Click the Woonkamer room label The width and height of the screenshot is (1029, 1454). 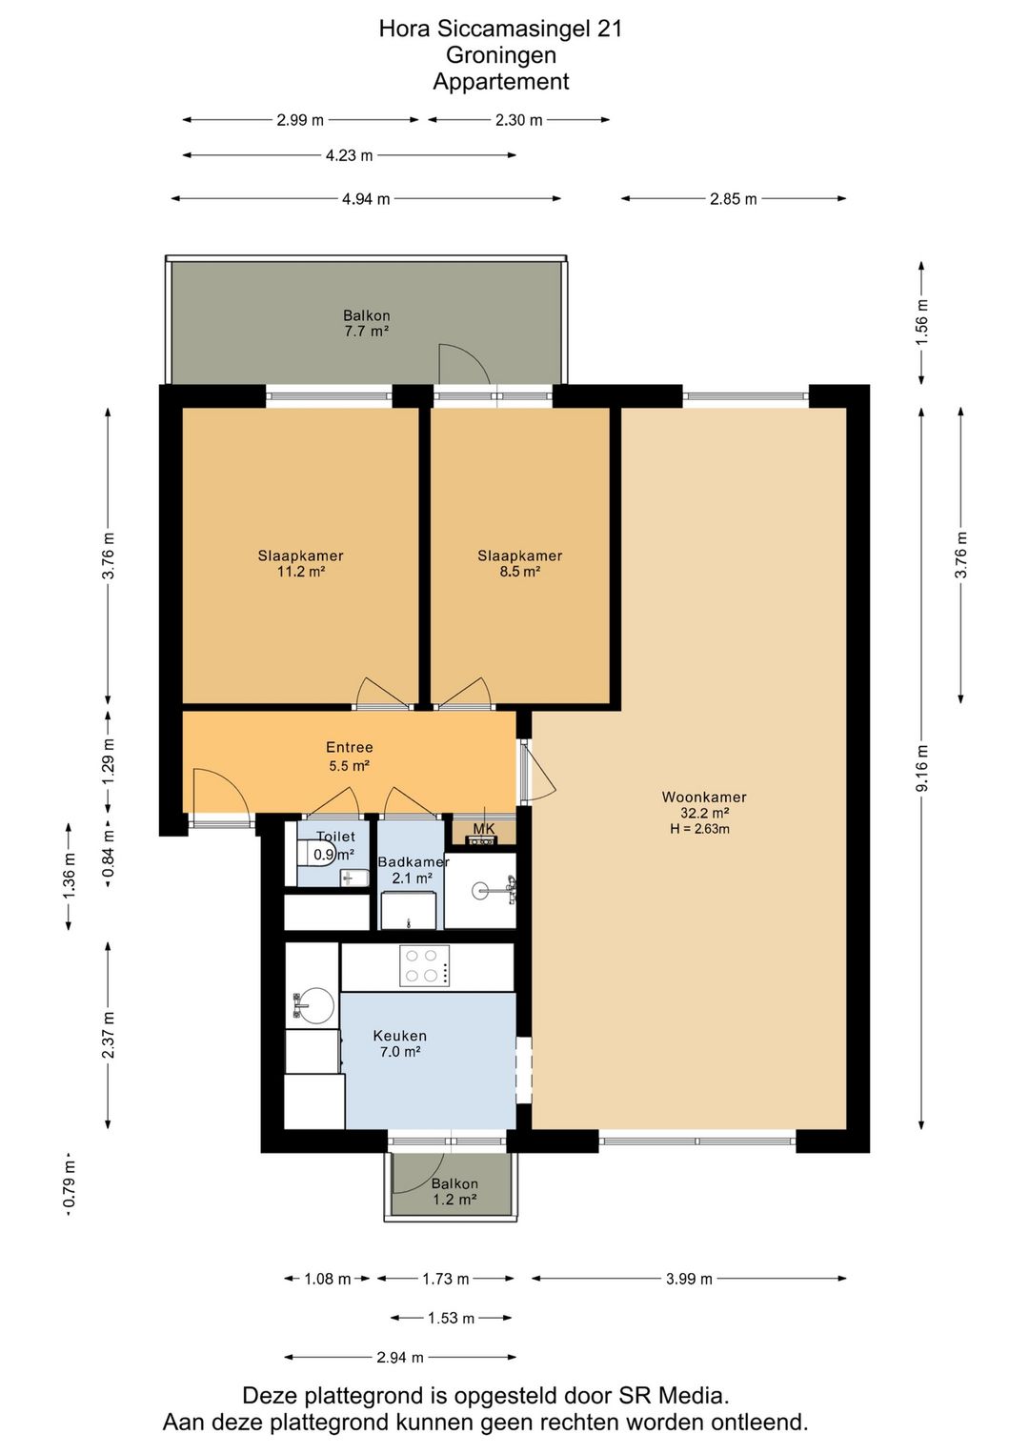[704, 797]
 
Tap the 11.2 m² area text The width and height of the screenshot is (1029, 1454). [300, 572]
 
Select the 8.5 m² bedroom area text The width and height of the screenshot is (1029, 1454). [519, 572]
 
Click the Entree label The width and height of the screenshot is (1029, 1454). [350, 747]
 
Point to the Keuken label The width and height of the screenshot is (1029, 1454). [400, 1036]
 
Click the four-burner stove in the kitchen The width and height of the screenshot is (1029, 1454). [425, 965]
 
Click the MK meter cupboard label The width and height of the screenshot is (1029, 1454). [484, 829]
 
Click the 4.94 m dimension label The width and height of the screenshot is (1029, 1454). [366, 199]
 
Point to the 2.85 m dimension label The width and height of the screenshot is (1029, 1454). [733, 199]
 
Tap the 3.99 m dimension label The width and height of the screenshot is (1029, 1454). [689, 1279]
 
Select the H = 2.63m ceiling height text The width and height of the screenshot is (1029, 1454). [700, 829]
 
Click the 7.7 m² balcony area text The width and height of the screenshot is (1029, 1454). [367, 332]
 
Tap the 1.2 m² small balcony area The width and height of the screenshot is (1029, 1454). [455, 1200]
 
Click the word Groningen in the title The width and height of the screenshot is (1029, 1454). [501, 55]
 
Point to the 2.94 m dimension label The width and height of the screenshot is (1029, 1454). [400, 1357]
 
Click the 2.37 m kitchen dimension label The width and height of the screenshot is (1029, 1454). [109, 1035]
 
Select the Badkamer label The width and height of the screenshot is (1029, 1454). [414, 862]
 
